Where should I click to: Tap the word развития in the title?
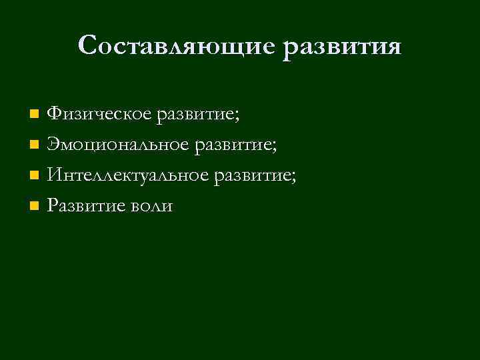click(342, 46)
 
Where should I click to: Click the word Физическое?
click(100, 114)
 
